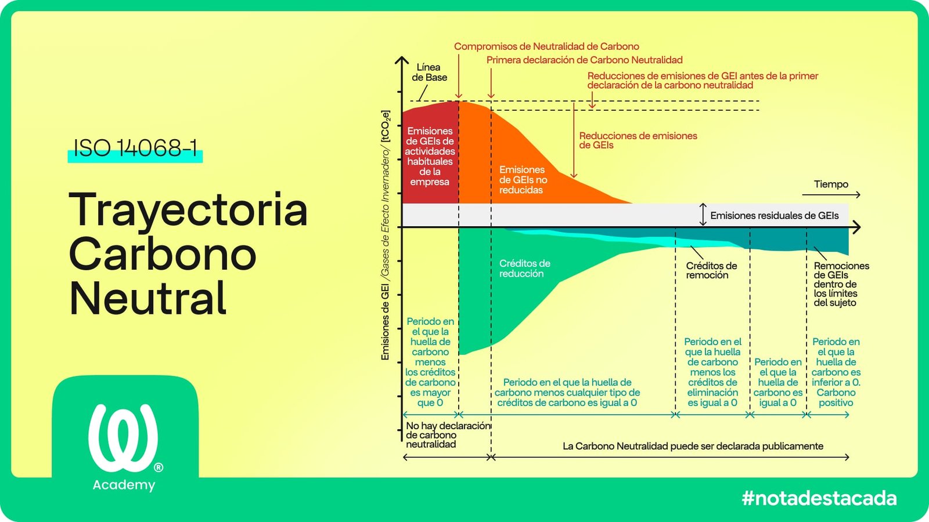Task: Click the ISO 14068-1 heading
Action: click(135, 148)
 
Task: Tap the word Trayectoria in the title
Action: click(188, 210)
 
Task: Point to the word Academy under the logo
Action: click(124, 485)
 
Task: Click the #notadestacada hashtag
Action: click(819, 498)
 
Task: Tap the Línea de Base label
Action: click(429, 72)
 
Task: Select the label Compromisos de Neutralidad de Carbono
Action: click(546, 46)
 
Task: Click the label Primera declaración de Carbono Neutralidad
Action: click(584, 60)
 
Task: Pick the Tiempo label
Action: click(831, 184)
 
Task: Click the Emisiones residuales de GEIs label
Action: click(774, 216)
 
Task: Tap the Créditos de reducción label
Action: click(524, 269)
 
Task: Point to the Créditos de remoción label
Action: click(711, 270)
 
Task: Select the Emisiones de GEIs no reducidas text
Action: click(523, 180)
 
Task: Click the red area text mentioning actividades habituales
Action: click(430, 157)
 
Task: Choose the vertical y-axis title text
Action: click(386, 235)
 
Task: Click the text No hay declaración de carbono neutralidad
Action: click(447, 435)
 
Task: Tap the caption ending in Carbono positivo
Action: click(836, 372)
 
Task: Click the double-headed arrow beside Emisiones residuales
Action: click(703, 215)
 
